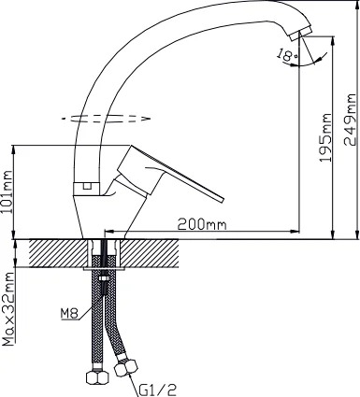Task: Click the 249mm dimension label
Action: pyautogui.click(x=350, y=120)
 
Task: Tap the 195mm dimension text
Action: pyautogui.click(x=325, y=137)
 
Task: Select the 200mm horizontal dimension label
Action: pyautogui.click(x=202, y=224)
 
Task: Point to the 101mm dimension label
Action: pyautogui.click(x=7, y=191)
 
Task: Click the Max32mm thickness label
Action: pyautogui.click(x=8, y=309)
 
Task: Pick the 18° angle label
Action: pyautogui.click(x=287, y=55)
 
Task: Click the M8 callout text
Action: pyautogui.click(x=69, y=314)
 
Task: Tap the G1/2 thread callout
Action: pyautogui.click(x=157, y=390)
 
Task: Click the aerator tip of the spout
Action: pyautogui.click(x=300, y=34)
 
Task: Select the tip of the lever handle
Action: pyautogui.click(x=222, y=200)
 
